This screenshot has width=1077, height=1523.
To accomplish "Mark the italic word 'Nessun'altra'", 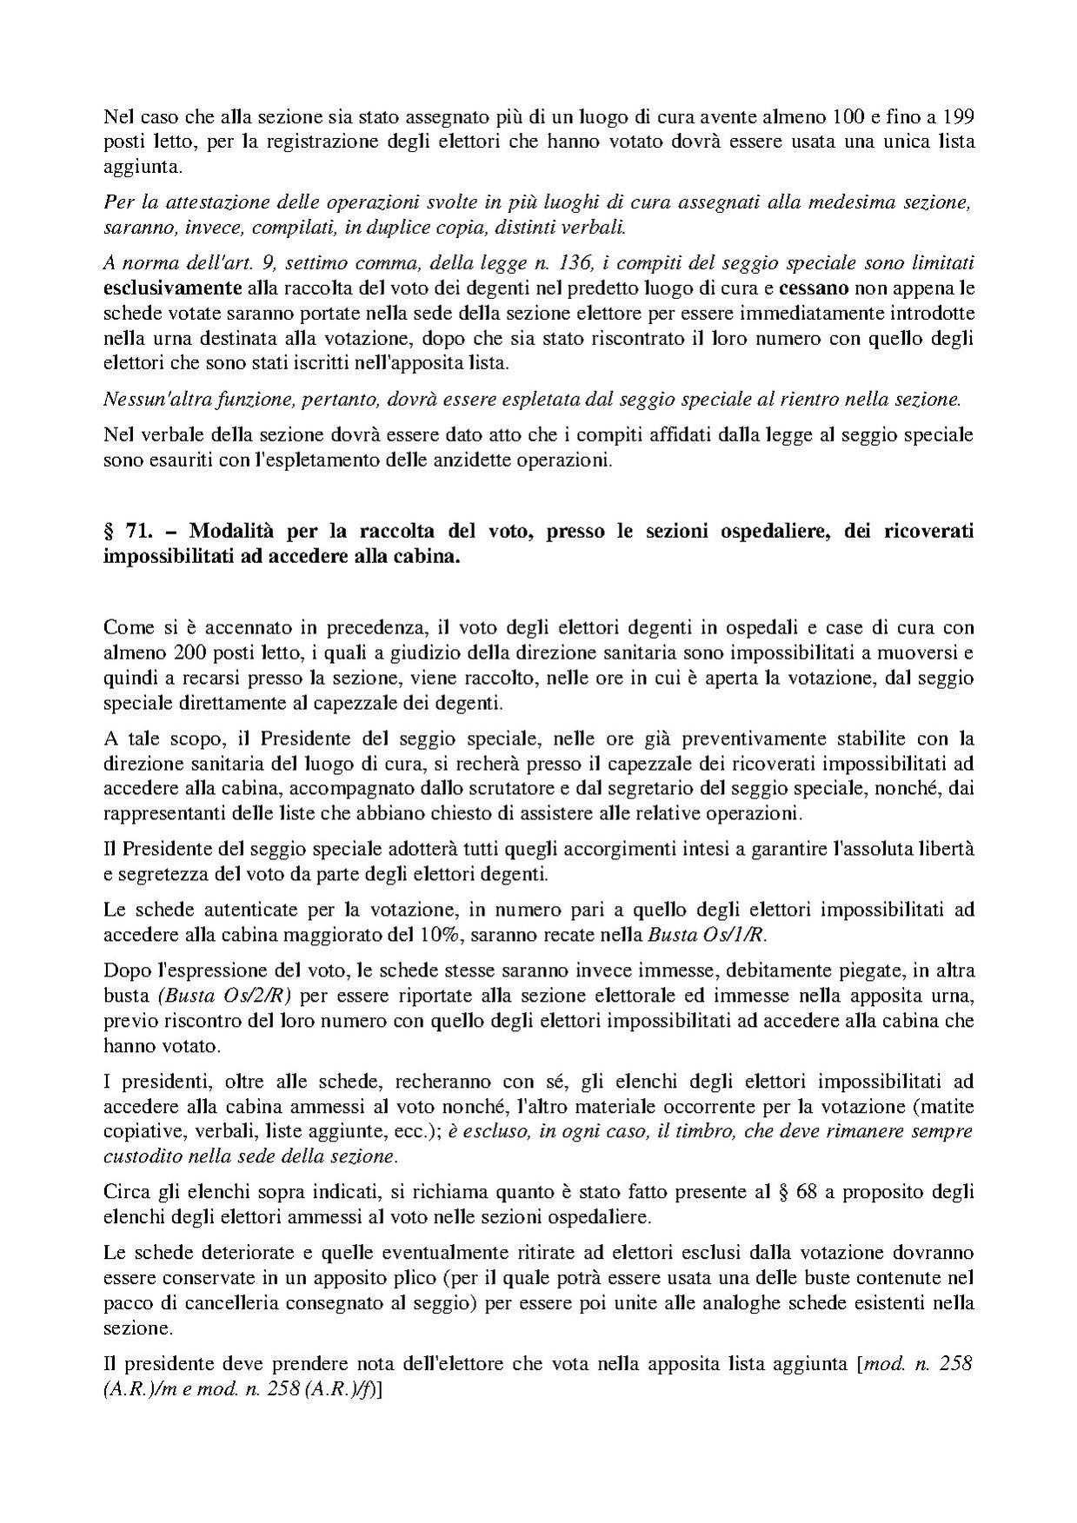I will [x=153, y=401].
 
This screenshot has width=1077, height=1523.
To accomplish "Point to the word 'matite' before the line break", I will [x=947, y=1107].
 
